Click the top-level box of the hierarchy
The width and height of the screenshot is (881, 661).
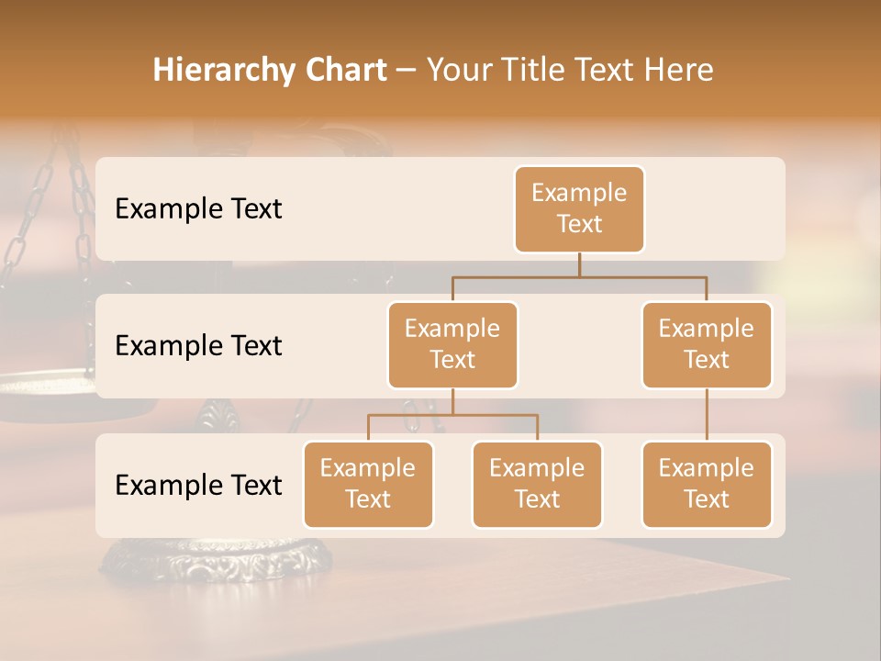[x=579, y=209]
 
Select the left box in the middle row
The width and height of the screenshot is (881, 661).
[x=452, y=345]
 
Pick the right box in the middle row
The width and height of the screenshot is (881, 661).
[x=707, y=345]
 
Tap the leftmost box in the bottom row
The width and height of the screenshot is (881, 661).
[x=368, y=485]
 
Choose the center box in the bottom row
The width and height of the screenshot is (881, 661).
[x=537, y=485]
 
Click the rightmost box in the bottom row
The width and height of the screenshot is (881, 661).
[x=707, y=485]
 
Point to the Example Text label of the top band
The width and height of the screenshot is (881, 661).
[x=198, y=209]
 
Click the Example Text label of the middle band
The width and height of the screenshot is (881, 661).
[x=198, y=346]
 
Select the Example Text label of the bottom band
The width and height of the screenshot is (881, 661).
[x=198, y=486]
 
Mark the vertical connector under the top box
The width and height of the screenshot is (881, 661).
[x=579, y=264]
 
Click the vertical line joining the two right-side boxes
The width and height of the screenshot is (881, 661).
[x=707, y=415]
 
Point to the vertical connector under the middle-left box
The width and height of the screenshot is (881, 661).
[x=452, y=402]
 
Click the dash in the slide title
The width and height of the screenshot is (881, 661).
[x=407, y=71]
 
